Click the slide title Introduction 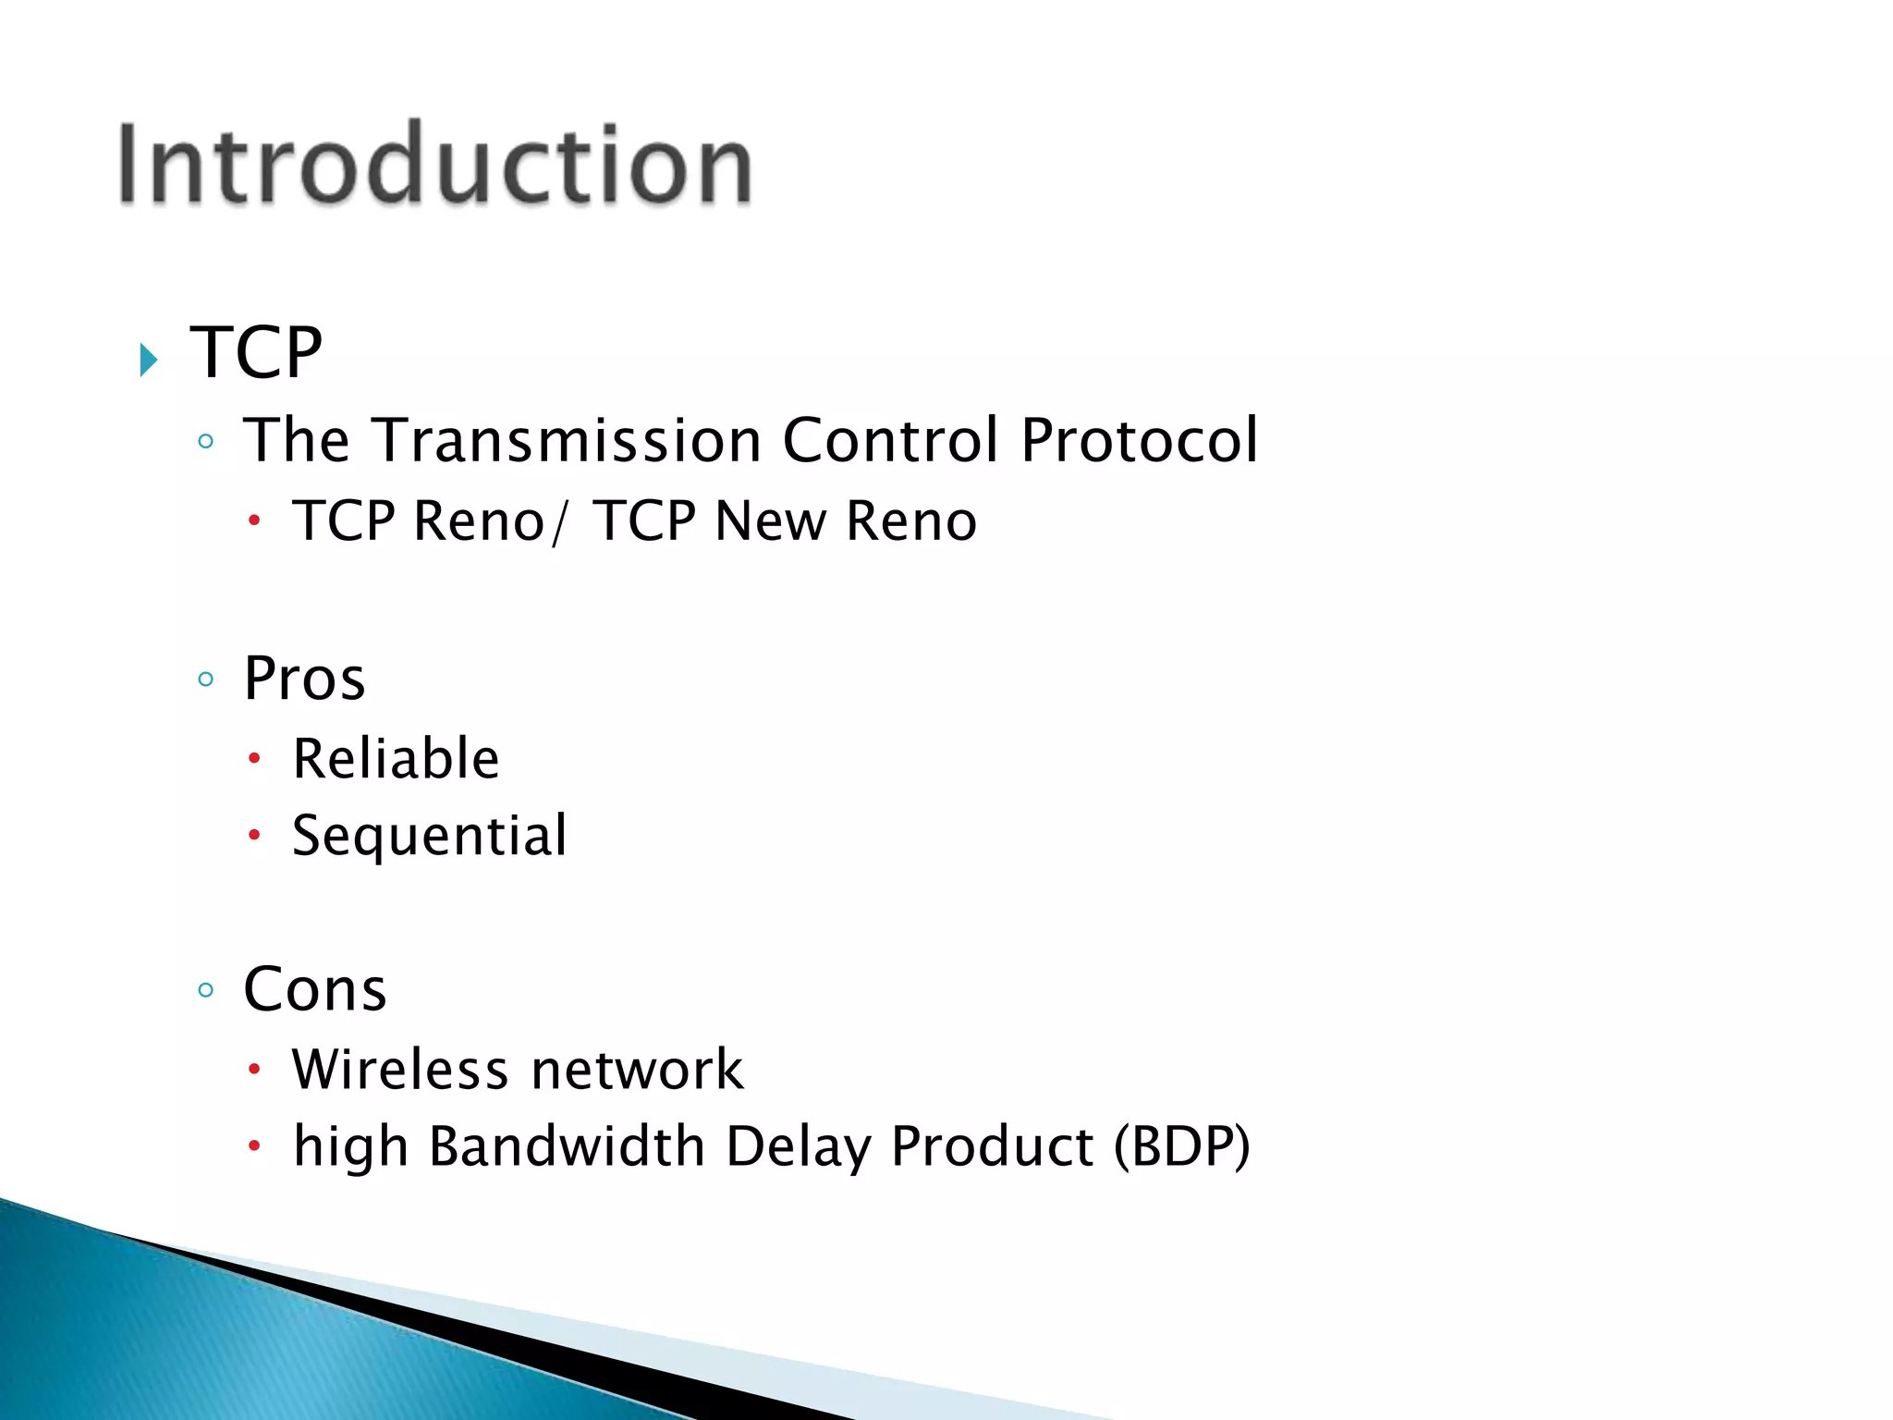[434, 165]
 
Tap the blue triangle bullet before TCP [149, 359]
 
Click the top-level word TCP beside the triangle [256, 353]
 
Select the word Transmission [567, 440]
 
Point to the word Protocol [1139, 440]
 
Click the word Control [890, 440]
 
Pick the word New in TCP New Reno [771, 521]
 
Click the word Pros [304, 679]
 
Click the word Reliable [396, 759]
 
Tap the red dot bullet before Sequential [255, 836]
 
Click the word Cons [314, 990]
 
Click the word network [637, 1071]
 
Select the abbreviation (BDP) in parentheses [1181, 1147]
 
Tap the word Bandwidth [568, 1147]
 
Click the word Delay [798, 1147]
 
